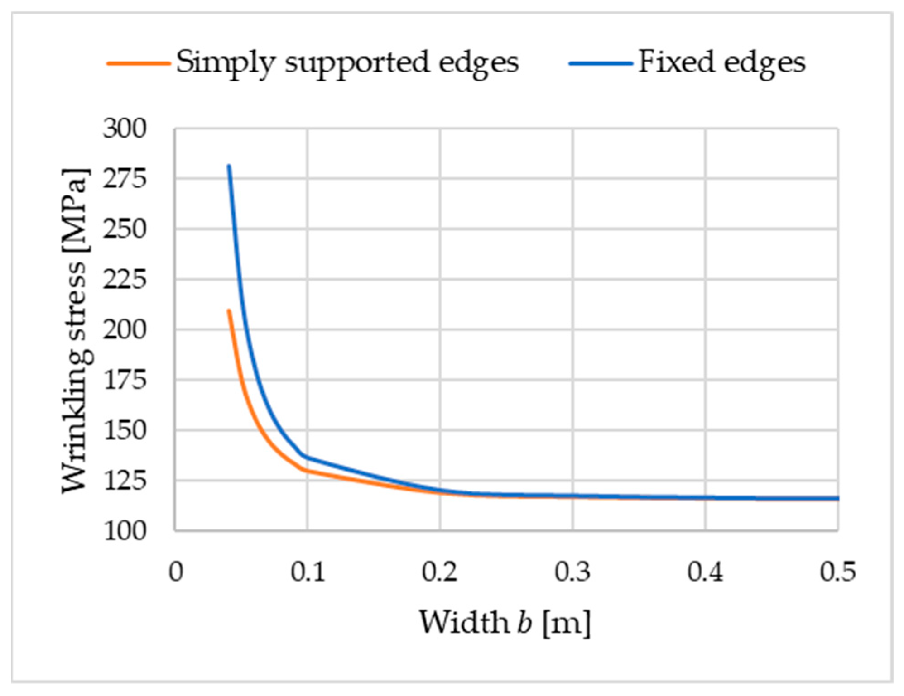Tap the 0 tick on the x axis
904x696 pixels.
click(176, 572)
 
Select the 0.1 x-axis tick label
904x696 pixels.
click(308, 572)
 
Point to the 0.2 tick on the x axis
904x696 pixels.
click(440, 572)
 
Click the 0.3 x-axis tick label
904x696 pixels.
click(572, 572)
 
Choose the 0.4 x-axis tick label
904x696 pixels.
click(705, 572)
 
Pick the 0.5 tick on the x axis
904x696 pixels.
click(837, 572)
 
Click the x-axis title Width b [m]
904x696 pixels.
click(505, 623)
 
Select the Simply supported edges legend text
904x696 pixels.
click(347, 62)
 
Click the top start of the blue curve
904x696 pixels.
click(229, 166)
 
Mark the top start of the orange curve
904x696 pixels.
click(229, 310)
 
